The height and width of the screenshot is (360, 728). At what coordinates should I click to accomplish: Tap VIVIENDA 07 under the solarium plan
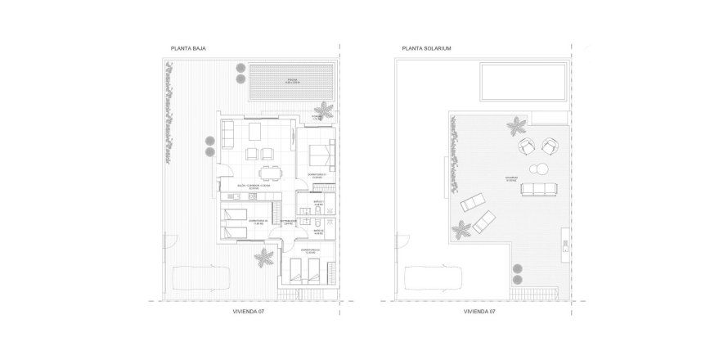click(x=480, y=312)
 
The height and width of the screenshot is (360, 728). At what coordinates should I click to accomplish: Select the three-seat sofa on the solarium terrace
click(x=538, y=190)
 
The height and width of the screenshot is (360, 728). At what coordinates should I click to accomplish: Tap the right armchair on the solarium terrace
click(x=549, y=147)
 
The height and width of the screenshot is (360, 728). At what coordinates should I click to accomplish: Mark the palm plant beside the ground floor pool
click(x=325, y=110)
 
